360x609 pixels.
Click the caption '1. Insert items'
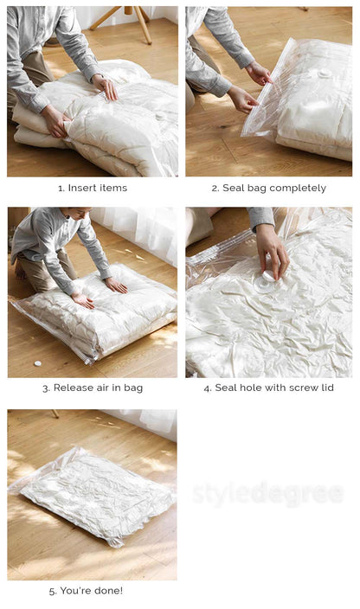[x=93, y=188]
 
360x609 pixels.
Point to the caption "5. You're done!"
[x=86, y=591]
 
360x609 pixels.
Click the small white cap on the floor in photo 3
[x=38, y=363]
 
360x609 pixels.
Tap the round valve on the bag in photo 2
[x=324, y=73]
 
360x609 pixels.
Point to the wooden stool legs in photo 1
[x=124, y=22]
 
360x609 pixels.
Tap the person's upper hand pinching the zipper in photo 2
[x=259, y=73]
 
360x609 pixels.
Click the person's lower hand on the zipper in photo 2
[x=242, y=99]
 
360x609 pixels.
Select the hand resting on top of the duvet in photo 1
[x=105, y=87]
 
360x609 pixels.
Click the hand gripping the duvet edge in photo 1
[x=56, y=122]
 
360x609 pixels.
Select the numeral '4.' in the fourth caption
[x=208, y=388]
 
